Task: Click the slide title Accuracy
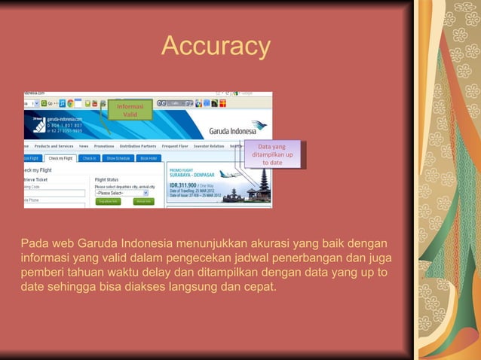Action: (x=216, y=47)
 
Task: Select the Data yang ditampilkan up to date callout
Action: (x=272, y=154)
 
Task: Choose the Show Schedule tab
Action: (x=118, y=158)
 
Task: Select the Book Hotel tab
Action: (x=149, y=158)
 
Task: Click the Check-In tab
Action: (x=90, y=158)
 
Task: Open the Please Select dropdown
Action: (x=121, y=193)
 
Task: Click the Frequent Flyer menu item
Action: (x=175, y=146)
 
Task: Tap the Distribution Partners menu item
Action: (x=137, y=146)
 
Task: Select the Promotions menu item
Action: (x=104, y=146)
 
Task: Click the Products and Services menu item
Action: (x=54, y=146)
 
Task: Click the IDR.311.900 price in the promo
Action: (x=183, y=185)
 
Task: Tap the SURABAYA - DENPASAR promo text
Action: (x=190, y=175)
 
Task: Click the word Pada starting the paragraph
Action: (x=34, y=244)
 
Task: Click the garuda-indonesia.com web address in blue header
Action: (x=64, y=118)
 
